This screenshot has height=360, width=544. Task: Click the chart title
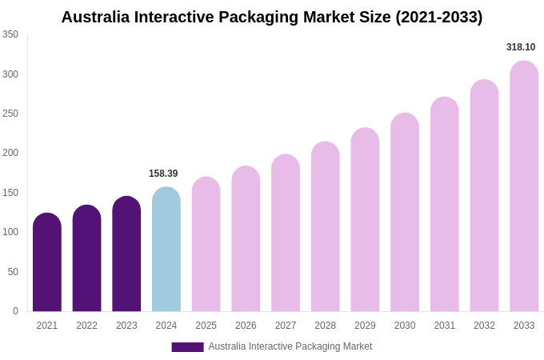(272, 17)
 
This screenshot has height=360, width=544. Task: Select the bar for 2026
(246, 239)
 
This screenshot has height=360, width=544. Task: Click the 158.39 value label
(163, 174)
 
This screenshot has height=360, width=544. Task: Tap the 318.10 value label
(521, 47)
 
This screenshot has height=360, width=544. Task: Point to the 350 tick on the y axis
(10, 34)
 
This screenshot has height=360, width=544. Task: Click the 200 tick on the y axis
(10, 153)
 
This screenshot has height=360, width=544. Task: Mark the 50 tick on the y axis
(13, 272)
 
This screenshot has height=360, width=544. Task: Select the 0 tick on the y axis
(15, 311)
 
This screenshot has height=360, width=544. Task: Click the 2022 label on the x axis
(86, 326)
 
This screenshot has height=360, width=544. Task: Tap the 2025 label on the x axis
(206, 326)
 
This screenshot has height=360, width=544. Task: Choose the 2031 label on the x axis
(445, 326)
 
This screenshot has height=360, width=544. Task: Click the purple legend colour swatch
(187, 347)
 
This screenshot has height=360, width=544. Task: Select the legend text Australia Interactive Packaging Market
(290, 346)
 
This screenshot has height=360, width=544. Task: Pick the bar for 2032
(484, 196)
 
